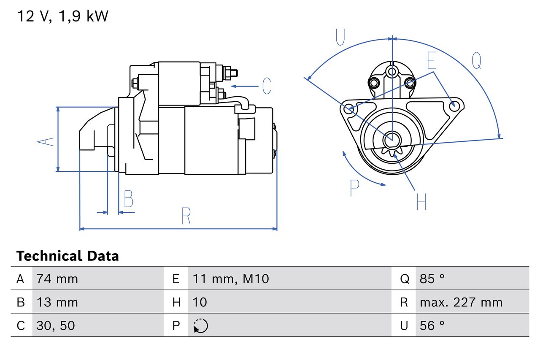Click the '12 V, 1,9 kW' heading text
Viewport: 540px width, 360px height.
point(62,16)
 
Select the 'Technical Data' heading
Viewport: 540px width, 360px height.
point(67,256)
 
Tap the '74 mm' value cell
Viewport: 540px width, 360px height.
point(57,279)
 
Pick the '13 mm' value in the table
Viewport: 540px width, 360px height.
point(57,302)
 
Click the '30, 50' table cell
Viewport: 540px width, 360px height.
point(56,325)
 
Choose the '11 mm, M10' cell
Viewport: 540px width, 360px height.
point(230,279)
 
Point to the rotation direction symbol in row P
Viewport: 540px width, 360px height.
point(200,326)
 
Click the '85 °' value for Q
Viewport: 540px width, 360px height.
point(432,279)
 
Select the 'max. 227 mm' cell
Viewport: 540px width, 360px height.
point(461,302)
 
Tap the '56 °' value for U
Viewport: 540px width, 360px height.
point(432,325)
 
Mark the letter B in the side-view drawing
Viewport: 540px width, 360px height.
point(128,199)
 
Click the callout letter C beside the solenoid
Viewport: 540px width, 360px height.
point(266,86)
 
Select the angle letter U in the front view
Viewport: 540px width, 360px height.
point(340,37)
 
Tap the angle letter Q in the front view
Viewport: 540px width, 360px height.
point(476,60)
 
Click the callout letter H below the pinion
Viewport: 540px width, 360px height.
point(421,202)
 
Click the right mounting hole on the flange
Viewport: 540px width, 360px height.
point(454,106)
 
